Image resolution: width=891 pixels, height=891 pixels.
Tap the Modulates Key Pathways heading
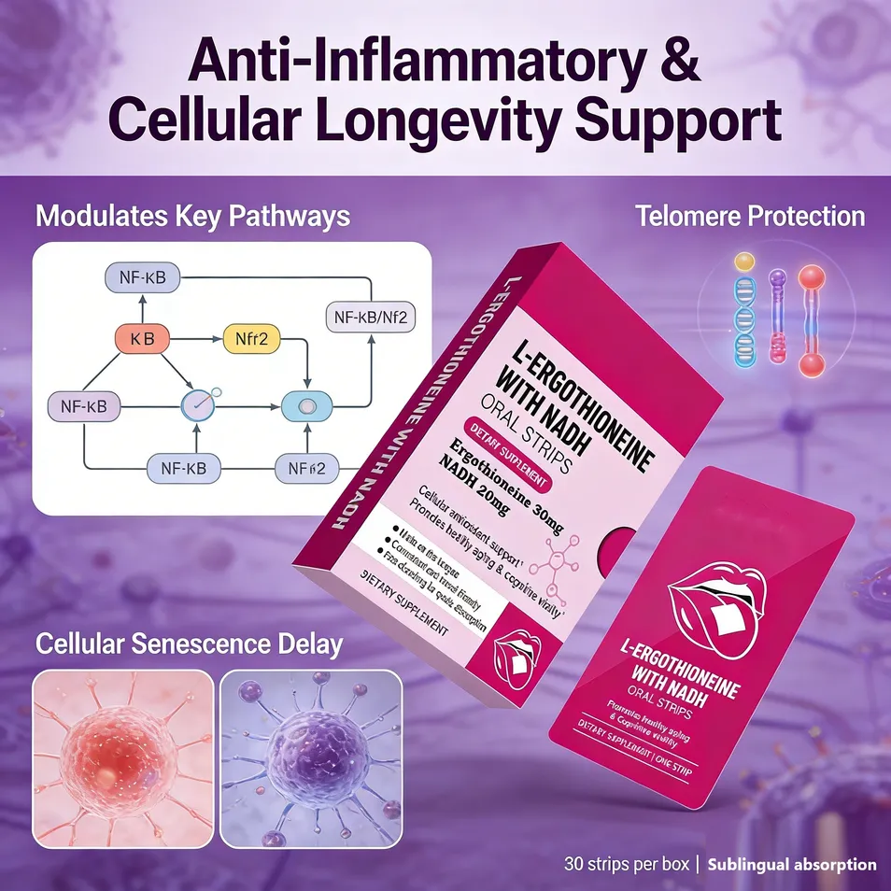[192, 217]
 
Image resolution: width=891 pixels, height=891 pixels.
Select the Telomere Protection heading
[750, 217]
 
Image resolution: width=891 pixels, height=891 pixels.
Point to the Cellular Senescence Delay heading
[189, 643]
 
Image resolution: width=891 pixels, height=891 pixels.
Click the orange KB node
[143, 340]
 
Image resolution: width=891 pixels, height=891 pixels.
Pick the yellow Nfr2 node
[250, 340]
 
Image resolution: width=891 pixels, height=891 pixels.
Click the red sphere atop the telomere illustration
[810, 276]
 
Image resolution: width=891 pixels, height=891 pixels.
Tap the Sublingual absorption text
[791, 865]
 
